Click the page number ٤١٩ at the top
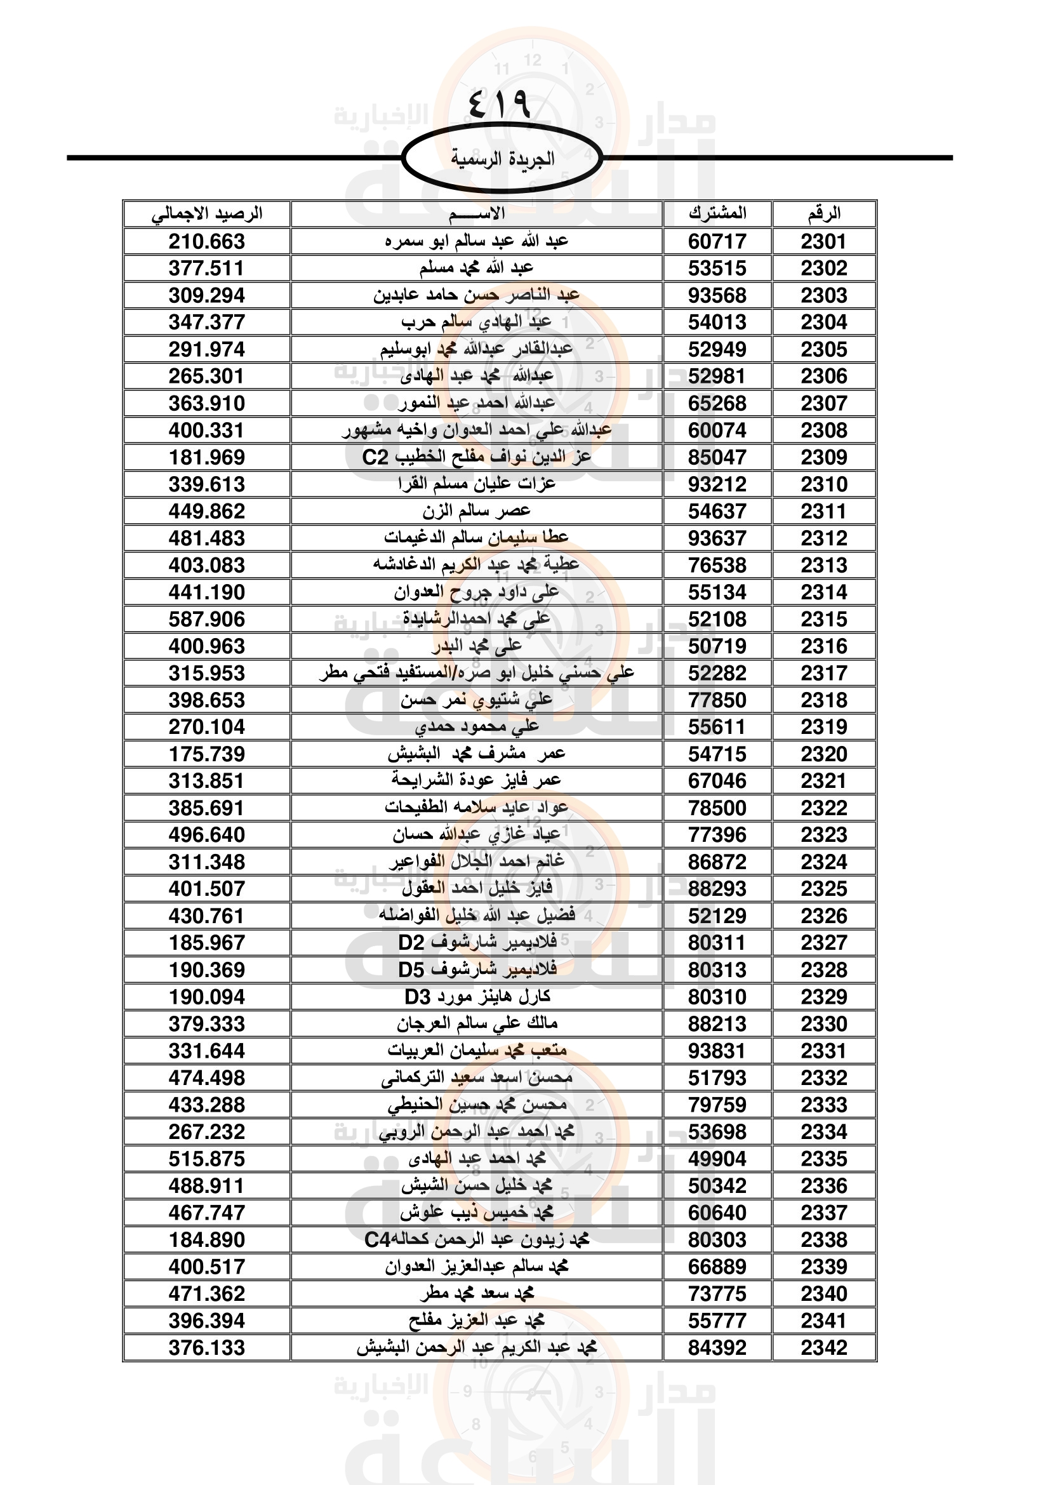[x=498, y=103]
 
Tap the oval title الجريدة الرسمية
[x=502, y=159]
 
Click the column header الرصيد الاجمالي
[x=207, y=214]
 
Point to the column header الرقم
[x=824, y=214]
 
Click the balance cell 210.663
[x=207, y=242]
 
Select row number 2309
[x=824, y=458]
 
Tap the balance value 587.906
[x=207, y=620]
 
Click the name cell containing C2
[x=477, y=457]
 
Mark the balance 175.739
[x=207, y=755]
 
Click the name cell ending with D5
[x=477, y=970]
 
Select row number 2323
[x=824, y=836]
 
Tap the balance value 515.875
[x=207, y=1159]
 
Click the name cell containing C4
[x=477, y=1240]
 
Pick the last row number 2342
[x=824, y=1348]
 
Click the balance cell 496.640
[x=207, y=836]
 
